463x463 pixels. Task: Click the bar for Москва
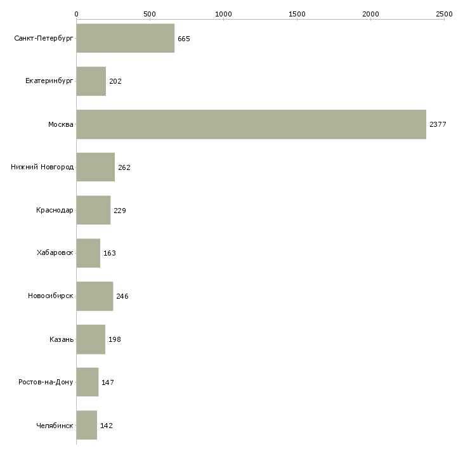[251, 124]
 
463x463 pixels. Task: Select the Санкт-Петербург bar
[126, 38]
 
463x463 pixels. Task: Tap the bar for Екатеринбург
[91, 81]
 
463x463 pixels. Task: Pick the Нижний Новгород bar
[96, 167]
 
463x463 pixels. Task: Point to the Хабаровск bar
[88, 253]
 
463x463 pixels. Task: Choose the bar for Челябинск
[87, 425]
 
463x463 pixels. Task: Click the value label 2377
[438, 124]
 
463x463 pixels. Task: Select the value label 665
[184, 39]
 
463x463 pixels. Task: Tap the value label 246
[122, 296]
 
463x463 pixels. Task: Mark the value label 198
[115, 339]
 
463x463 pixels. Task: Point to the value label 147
[107, 382]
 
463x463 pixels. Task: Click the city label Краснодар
[55, 210]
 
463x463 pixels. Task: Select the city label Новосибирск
[51, 296]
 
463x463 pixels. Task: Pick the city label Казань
[62, 339]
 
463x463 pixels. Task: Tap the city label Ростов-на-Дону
[46, 382]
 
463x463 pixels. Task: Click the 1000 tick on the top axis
[223, 14]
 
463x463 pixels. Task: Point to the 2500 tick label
[444, 14]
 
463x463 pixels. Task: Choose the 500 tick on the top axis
[150, 14]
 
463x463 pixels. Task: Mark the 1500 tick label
[297, 14]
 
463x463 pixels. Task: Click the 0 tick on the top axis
[77, 14]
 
